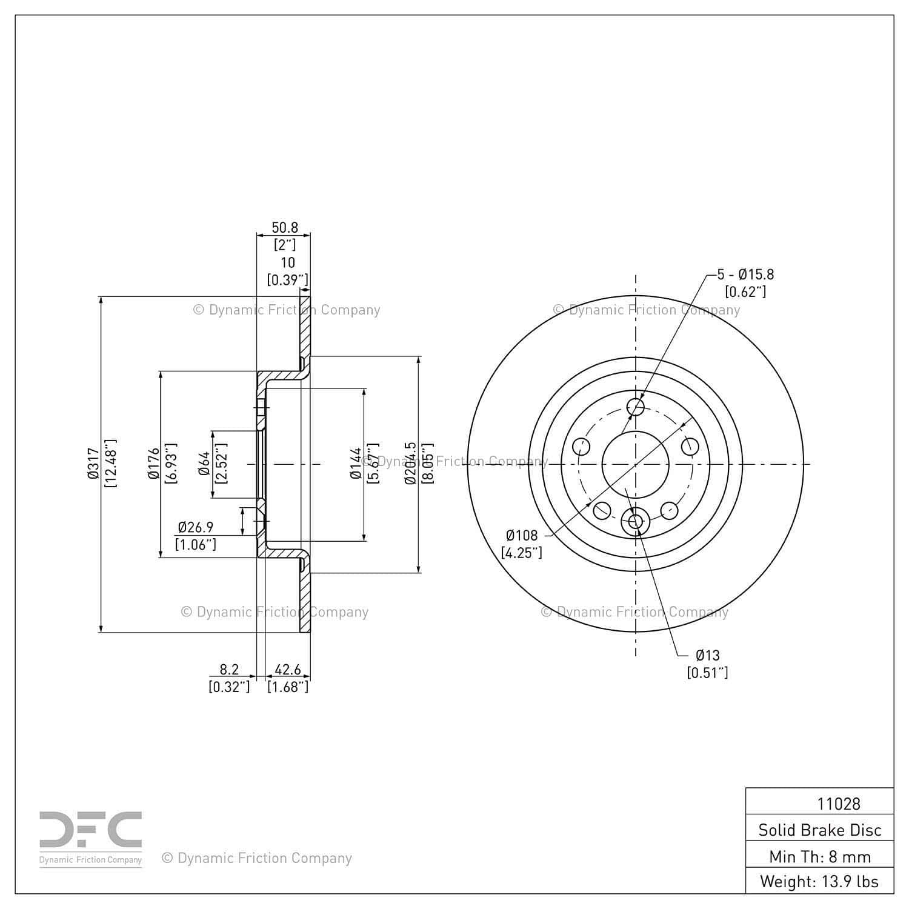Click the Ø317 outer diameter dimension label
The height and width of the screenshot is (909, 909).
click(93, 464)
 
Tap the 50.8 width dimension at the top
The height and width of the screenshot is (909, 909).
click(285, 228)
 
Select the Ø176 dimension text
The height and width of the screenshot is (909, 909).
click(153, 464)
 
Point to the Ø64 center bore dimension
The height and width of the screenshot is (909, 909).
click(204, 464)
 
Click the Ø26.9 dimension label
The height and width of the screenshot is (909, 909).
click(196, 527)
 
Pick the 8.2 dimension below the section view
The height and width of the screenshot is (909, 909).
click(229, 670)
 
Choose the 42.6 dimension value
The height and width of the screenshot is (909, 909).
click(288, 670)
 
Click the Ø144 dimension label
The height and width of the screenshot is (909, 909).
click(356, 464)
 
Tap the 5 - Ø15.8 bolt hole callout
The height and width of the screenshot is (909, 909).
click(745, 275)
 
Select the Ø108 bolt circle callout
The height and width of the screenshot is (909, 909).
click(522, 535)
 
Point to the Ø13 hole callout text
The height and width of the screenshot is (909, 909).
click(707, 655)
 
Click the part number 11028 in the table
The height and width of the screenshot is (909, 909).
click(839, 804)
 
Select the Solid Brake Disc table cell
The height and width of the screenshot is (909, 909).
click(820, 830)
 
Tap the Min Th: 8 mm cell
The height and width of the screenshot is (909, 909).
click(820, 856)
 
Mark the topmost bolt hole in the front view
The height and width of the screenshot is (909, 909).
click(636, 407)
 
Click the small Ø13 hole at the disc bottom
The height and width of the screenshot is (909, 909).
click(636, 521)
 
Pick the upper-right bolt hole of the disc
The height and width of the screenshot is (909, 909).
click(690, 447)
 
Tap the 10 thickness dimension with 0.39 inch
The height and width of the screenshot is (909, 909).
click(288, 271)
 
